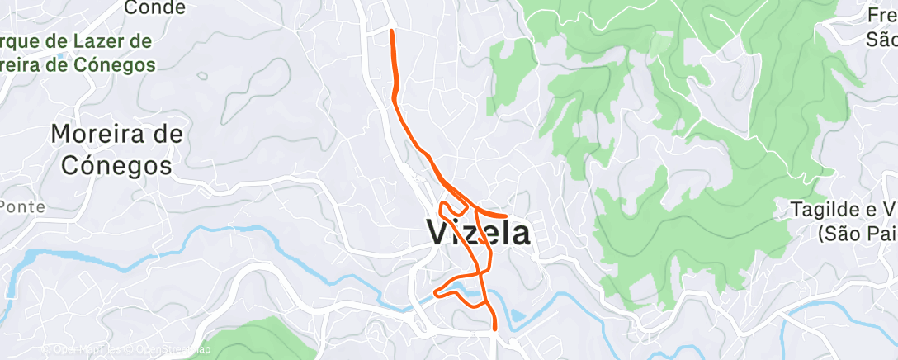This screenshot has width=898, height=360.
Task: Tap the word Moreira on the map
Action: tap(93, 133)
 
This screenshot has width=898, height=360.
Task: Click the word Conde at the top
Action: tap(154, 7)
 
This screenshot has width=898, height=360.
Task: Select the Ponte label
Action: tap(25, 206)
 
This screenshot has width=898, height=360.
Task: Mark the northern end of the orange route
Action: tap(390, 31)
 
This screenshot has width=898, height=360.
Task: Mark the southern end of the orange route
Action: tap(494, 329)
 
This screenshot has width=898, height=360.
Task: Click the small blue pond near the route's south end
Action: tap(516, 315)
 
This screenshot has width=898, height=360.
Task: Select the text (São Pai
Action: tap(857, 234)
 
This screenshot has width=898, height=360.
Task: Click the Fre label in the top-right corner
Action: tap(882, 15)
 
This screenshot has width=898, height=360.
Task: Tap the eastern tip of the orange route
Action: tap(505, 216)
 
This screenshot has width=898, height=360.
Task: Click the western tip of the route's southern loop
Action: tap(437, 291)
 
